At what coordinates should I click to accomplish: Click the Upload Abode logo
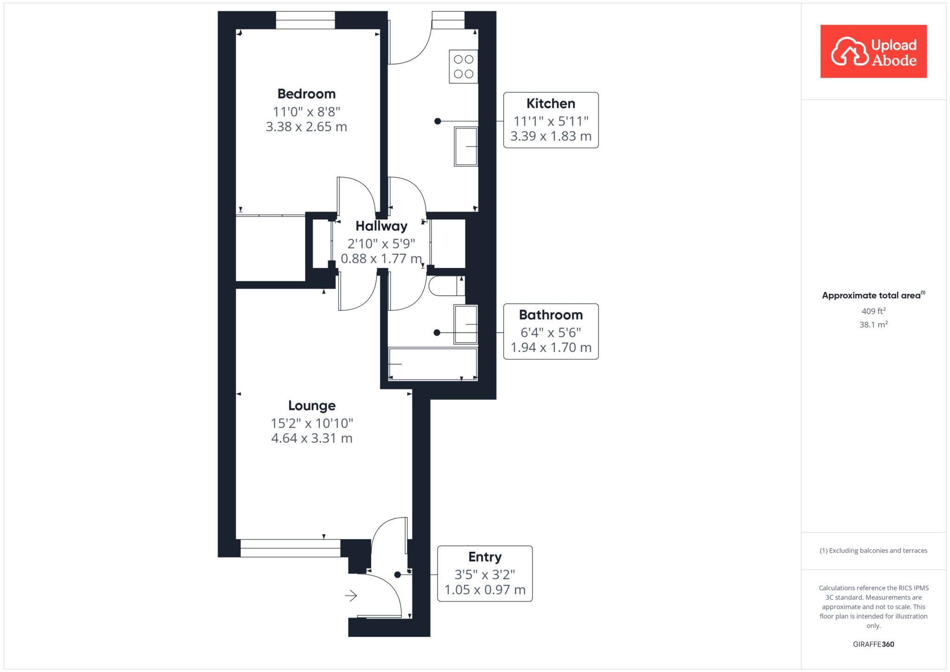(x=873, y=51)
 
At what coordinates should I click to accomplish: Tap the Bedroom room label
(x=306, y=94)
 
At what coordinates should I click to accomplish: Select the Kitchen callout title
(x=551, y=103)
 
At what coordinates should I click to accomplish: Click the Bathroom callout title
(x=551, y=315)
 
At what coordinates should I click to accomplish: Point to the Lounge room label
(x=312, y=406)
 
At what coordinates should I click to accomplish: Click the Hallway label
(x=381, y=226)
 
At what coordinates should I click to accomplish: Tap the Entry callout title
(x=485, y=557)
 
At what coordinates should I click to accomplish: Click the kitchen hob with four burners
(x=463, y=67)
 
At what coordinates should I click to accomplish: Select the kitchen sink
(x=466, y=147)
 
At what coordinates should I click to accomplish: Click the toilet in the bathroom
(x=447, y=286)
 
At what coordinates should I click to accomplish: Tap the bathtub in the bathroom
(x=433, y=364)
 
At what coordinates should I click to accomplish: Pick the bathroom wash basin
(x=466, y=325)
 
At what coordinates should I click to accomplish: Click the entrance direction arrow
(x=351, y=595)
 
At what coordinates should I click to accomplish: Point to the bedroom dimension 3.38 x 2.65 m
(x=306, y=127)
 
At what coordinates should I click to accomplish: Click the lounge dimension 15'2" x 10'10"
(x=312, y=423)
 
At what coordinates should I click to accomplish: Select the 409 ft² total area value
(x=873, y=311)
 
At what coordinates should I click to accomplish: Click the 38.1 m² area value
(x=873, y=325)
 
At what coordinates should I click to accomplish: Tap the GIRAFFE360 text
(x=873, y=644)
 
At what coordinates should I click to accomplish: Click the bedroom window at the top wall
(x=305, y=20)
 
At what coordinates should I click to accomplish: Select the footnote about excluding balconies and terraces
(x=873, y=550)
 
